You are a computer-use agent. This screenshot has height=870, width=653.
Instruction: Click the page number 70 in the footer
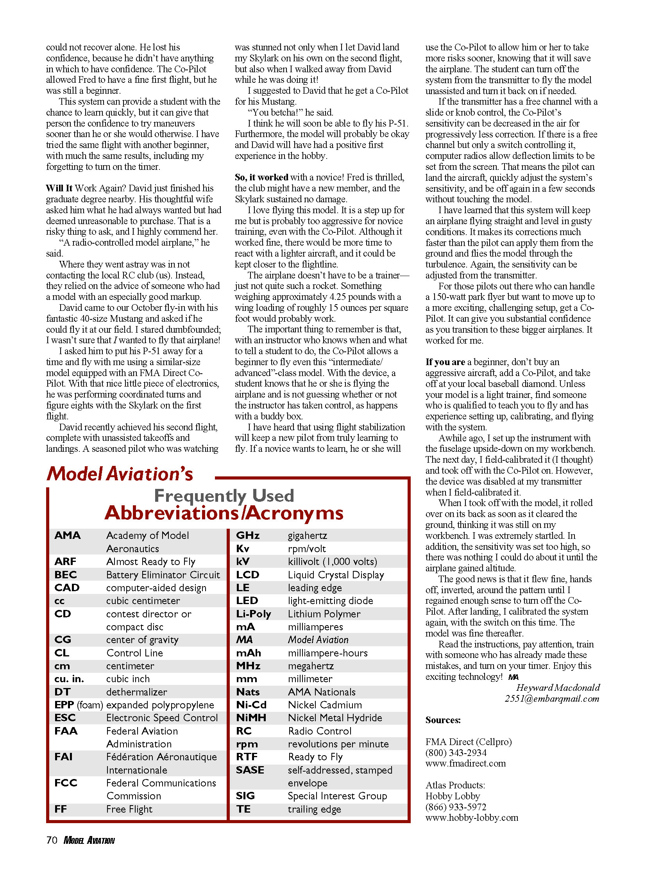point(52,840)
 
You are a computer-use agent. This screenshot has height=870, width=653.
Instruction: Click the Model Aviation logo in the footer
point(89,840)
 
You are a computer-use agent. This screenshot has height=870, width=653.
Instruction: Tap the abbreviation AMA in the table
point(67,535)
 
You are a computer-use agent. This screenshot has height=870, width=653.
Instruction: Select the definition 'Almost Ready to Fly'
point(151,562)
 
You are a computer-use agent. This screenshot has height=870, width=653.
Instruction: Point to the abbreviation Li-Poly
point(253,614)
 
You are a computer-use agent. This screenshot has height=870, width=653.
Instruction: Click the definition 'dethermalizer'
point(137,692)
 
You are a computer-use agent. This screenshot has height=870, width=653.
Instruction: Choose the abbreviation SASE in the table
point(250,770)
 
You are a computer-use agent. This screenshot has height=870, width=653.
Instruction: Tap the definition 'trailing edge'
point(314,809)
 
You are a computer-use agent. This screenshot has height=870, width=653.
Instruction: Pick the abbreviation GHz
point(248,535)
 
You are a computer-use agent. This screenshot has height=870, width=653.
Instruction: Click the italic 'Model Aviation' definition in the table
point(318,640)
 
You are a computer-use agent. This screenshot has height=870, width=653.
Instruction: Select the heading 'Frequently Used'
point(224,496)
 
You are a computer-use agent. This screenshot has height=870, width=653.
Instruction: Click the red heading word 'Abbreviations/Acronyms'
point(224,513)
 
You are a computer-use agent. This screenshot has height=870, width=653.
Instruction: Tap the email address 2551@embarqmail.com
point(552,699)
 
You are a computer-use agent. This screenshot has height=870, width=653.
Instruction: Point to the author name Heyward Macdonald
point(558,688)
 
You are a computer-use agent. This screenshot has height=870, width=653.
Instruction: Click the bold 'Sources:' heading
point(443,720)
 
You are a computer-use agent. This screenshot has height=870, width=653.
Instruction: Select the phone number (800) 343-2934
point(456,753)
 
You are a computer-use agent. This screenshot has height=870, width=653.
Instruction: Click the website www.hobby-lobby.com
point(472,818)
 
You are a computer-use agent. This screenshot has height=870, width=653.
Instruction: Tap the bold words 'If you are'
point(445,362)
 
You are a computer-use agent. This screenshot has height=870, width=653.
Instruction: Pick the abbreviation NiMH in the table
point(251,718)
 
